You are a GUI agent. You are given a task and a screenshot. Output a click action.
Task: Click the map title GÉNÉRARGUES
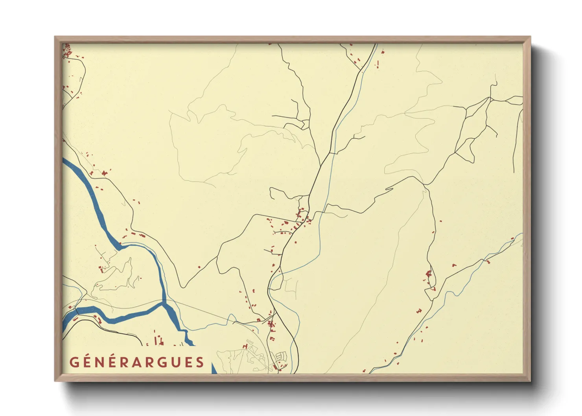pos(137,362)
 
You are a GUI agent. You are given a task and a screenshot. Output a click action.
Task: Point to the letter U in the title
pos(174,362)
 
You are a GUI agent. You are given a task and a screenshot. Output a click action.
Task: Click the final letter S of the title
pos(200,362)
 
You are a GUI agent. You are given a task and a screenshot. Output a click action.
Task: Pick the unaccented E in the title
pos(188,362)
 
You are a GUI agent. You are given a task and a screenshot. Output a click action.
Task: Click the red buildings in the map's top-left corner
pos(67,51)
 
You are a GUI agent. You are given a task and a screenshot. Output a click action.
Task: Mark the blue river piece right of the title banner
pos(214,369)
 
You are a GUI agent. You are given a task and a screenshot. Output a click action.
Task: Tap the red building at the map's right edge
pos(512,239)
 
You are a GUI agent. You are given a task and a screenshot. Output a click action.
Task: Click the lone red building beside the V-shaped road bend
pos(199,267)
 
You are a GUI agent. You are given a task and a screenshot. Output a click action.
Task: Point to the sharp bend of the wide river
pos(120,246)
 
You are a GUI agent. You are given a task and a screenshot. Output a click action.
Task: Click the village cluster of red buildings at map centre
pos(301,218)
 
